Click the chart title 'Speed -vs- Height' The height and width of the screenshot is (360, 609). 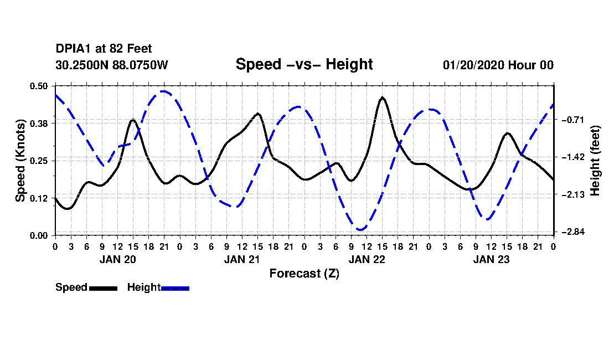pos(304,64)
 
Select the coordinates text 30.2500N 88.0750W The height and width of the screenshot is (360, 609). pos(111,65)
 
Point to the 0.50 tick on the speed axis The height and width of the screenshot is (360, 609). pos(39,86)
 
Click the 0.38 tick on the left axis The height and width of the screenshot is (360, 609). pos(39,123)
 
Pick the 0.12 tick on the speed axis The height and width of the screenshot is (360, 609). pos(39,198)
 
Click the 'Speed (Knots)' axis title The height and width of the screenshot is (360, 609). pos(20,161)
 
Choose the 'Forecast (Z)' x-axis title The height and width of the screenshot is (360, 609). pos(304,273)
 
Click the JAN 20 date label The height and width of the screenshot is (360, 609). pos(117,259)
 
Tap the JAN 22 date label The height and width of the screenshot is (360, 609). pos(367,259)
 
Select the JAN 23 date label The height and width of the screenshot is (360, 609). pos(491,259)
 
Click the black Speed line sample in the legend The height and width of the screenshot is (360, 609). pos(103,288)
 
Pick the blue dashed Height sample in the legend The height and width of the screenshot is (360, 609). pos(175,288)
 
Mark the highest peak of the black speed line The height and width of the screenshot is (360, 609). pos(382,97)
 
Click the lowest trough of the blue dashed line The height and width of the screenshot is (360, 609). pos(361,229)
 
